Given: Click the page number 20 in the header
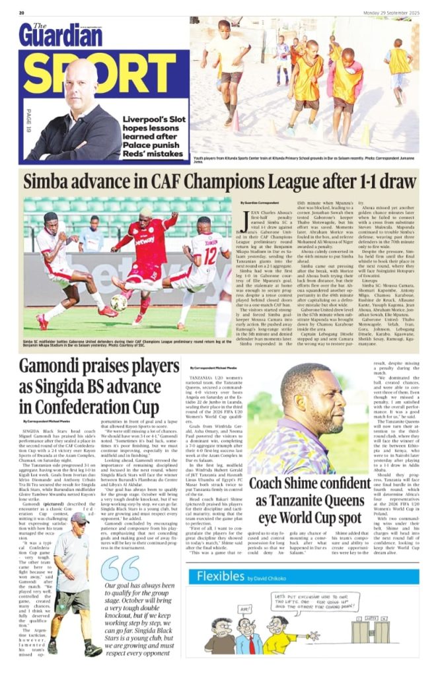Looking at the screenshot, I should coord(22,13).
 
